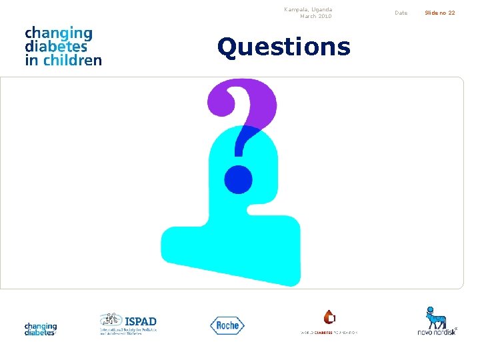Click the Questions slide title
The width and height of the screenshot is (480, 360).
click(283, 47)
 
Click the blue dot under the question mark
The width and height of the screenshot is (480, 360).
click(238, 179)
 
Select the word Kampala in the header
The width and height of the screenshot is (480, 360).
click(295, 9)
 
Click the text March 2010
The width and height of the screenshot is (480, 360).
click(315, 16)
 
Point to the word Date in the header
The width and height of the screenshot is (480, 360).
click(401, 13)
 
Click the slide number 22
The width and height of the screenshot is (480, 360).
click(451, 13)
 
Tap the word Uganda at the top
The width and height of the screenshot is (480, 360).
click(321, 9)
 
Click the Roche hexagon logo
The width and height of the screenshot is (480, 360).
click(227, 325)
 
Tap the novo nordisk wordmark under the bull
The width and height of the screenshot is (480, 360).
click(437, 331)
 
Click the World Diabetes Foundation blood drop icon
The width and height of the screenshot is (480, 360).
click(329, 317)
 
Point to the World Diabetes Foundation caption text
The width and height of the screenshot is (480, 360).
click(329, 333)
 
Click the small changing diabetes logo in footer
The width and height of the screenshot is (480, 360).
click(41, 329)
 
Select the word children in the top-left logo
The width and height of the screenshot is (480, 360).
click(73, 60)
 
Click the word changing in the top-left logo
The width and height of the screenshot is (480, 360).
click(59, 33)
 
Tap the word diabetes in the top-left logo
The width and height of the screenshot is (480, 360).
click(56, 47)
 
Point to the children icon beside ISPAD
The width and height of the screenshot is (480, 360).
click(110, 319)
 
